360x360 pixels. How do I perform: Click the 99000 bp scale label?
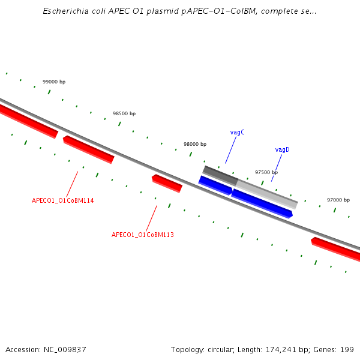tap(54, 82)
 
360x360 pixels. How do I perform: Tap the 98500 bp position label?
tap(124, 113)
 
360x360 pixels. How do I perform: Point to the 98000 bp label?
tap(195, 144)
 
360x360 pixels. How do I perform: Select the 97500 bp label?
tap(266, 172)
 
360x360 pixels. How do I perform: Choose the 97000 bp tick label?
tap(338, 200)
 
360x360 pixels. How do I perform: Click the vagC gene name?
tap(237, 132)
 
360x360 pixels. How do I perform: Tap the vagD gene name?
tap(283, 149)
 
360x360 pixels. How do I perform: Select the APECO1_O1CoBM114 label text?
tap(62, 200)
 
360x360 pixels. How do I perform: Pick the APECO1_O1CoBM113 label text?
tap(143, 235)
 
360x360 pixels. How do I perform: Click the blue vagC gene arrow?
tap(215, 185)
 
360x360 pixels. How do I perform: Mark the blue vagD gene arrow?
tap(262, 203)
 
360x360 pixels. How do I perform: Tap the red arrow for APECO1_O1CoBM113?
tap(167, 183)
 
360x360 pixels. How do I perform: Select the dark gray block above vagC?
tap(220, 175)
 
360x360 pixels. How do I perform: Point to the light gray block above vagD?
tap(267, 194)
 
